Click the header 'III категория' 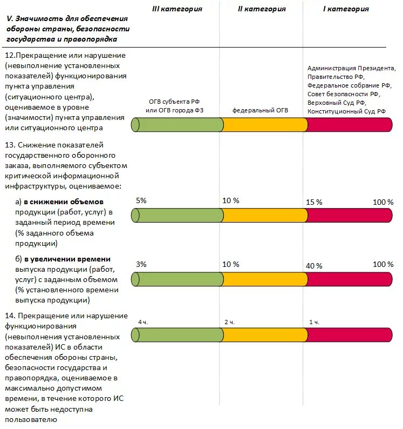click(177, 9)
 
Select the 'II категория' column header click(262, 9)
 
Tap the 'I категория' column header click(346, 9)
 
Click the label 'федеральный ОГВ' click(260, 110)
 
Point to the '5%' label click(141, 200)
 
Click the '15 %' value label click(314, 202)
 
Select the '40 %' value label click(314, 266)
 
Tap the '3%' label click(141, 264)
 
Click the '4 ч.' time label click(143, 323)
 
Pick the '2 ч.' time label click(229, 323)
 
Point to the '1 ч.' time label click(314, 323)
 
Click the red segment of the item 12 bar click(349, 125)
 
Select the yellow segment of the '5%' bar click(264, 216)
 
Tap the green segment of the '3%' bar click(177, 279)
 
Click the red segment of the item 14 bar click(349, 335)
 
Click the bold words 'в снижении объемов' click(64, 202)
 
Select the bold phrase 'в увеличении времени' click(67, 259)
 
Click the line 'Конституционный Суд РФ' click(346, 111)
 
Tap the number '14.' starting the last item click(10, 316)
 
